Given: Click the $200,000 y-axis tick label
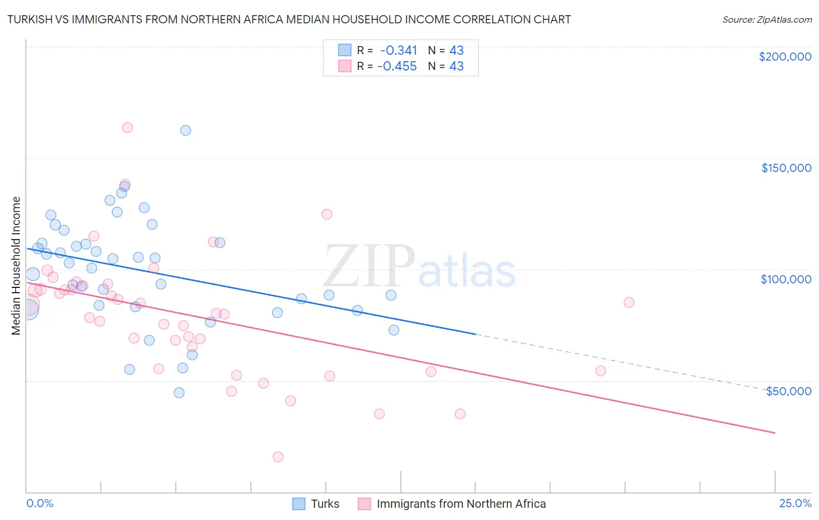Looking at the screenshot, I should pos(785,57).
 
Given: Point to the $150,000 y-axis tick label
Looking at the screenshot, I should pos(786,168).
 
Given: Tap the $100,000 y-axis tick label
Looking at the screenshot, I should pos(786,279).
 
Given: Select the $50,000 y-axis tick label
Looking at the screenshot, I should pos(788,391).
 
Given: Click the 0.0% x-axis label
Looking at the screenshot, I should pos(40,503).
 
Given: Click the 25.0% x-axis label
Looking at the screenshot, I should pos(795,503).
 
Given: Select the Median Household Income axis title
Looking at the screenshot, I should pos(16,266).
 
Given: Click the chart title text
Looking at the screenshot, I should pos(289,19).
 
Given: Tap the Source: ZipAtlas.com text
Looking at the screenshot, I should pos(767,19).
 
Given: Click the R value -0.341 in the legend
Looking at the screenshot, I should pos(398,50).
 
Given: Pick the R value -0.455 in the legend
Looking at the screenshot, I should pos(397,66).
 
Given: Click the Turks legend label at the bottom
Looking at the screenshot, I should pos(324,504).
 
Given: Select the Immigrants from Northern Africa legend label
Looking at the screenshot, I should pos(461,504).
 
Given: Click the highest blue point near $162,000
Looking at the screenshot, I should pos(185,131).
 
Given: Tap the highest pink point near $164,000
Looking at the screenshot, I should pos(127,128).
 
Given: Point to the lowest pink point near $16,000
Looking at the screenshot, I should pos(278,457).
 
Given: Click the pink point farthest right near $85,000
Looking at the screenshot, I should pos(629,303).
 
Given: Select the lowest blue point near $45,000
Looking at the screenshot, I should pos(179,393).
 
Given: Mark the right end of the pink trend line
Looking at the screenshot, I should pos(774,433).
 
